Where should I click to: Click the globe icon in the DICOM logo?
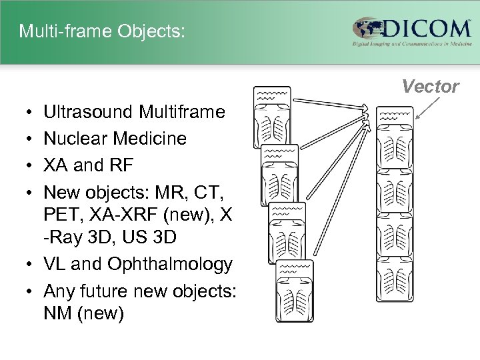[367, 29]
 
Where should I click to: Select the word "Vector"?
[431, 87]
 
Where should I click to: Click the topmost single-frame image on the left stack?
[273, 117]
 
